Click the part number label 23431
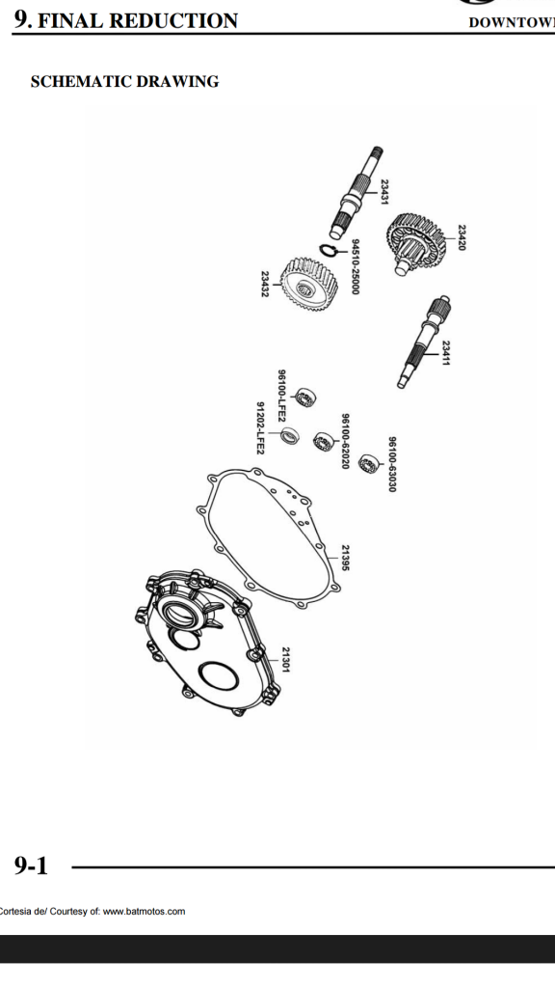pos(384,192)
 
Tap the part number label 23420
pos(462,237)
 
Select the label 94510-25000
pos(356,266)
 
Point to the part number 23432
pos(265,285)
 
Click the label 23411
pos(445,353)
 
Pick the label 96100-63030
pos(392,464)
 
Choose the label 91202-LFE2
pos(260,427)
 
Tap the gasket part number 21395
pos(345,558)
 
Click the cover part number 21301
pos(285,659)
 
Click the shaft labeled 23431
pos(357,192)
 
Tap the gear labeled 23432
pos(309,288)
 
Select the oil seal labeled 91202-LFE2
pos(289,435)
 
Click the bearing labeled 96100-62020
pos(323,440)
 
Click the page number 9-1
pos(32,865)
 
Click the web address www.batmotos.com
pos(145,911)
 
